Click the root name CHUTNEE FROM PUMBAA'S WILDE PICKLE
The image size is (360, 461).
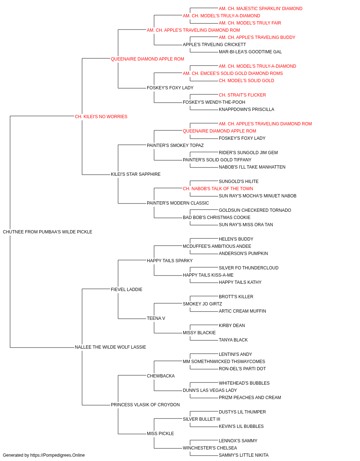click(x=48, y=232)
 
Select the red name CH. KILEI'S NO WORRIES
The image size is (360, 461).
click(x=101, y=116)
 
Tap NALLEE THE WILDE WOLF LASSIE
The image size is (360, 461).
click(x=110, y=347)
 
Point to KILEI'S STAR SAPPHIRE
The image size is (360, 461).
click(x=136, y=174)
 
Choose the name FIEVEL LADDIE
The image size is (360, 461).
click(x=127, y=289)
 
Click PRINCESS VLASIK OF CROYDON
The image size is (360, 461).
click(x=145, y=404)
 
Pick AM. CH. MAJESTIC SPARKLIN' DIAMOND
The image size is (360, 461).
click(x=261, y=9)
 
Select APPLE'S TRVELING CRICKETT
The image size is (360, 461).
click(x=214, y=45)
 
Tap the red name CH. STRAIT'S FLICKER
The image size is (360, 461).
click(x=242, y=95)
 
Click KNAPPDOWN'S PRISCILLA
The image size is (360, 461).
click(x=246, y=109)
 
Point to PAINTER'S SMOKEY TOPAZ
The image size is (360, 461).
click(x=175, y=145)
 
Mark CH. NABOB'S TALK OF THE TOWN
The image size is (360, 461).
click(x=218, y=189)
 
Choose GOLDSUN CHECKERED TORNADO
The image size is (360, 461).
click(x=255, y=210)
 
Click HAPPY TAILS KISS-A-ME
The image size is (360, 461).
click(x=208, y=275)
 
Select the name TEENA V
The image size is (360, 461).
click(x=156, y=318)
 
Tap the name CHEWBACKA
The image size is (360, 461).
click(x=161, y=376)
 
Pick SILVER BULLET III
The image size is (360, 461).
click(x=201, y=419)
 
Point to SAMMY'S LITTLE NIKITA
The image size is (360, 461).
click(x=244, y=455)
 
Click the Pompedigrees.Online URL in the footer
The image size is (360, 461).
click(x=58, y=455)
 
